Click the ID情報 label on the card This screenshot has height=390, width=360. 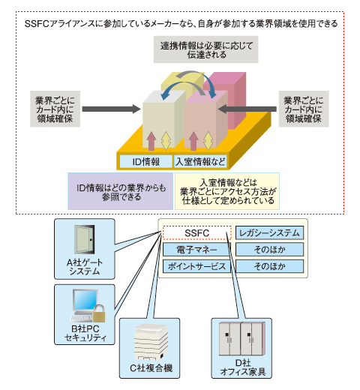click(x=146, y=162)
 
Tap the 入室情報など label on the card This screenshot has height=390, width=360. click(x=200, y=162)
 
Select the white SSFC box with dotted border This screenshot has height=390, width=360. click(x=197, y=233)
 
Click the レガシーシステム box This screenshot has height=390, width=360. click(x=269, y=233)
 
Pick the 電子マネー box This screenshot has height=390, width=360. click(x=196, y=250)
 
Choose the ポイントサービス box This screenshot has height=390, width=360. click(x=196, y=266)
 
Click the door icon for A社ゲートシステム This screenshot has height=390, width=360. click(x=85, y=239)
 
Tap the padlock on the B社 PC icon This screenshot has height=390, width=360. click(x=99, y=313)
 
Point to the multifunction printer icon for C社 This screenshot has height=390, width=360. click(x=151, y=341)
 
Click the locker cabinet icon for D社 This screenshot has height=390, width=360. click(x=241, y=339)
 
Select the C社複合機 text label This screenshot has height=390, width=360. click(x=151, y=368)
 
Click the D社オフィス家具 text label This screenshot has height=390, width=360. click(x=243, y=367)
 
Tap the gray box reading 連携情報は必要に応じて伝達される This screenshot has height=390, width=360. click(x=205, y=49)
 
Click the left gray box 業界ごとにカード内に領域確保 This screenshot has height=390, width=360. click(x=55, y=109)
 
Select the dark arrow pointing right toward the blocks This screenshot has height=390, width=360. click(x=112, y=109)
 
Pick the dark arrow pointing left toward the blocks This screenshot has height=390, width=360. click(x=247, y=109)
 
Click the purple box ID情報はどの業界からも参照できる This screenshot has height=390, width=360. click(x=121, y=191)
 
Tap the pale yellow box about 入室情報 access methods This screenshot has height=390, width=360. click(x=227, y=191)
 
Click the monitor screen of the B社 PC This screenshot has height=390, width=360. click(x=85, y=300)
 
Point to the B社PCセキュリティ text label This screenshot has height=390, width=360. click(x=85, y=333)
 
